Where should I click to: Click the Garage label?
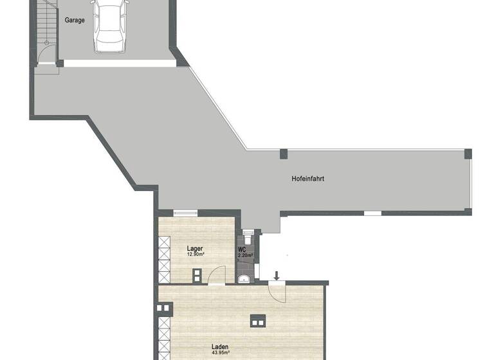(75, 20)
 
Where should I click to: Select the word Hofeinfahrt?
(308, 179)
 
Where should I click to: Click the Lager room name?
(195, 248)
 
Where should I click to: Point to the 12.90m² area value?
(195, 255)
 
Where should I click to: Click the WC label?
(242, 249)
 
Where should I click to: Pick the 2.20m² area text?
(245, 255)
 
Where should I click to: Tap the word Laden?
(219, 347)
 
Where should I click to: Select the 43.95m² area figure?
(221, 354)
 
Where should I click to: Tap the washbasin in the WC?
(244, 278)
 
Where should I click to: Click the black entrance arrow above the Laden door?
(277, 276)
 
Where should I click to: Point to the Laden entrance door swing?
(277, 292)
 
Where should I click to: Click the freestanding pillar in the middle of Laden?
(257, 321)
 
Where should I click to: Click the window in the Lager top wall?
(185, 213)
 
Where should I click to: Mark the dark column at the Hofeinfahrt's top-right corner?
(468, 154)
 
